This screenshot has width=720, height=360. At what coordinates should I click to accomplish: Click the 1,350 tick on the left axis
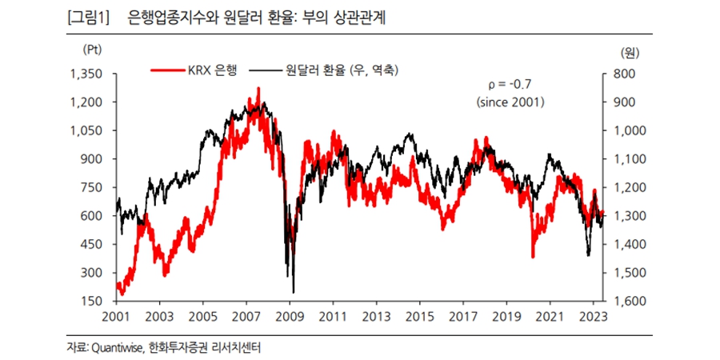pyautogui.click(x=88, y=74)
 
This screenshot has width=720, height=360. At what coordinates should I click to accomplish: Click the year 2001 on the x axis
pyautogui.click(x=116, y=316)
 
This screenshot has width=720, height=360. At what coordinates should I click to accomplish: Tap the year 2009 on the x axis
pyautogui.click(x=290, y=316)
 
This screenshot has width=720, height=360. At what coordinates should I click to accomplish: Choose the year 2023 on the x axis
pyautogui.click(x=593, y=316)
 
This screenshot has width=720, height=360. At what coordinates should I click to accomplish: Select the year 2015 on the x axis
pyautogui.click(x=419, y=316)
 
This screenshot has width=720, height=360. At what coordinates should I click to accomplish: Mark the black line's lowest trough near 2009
pyautogui.click(x=294, y=292)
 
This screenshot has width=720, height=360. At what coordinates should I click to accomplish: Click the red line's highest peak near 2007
pyautogui.click(x=258, y=88)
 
